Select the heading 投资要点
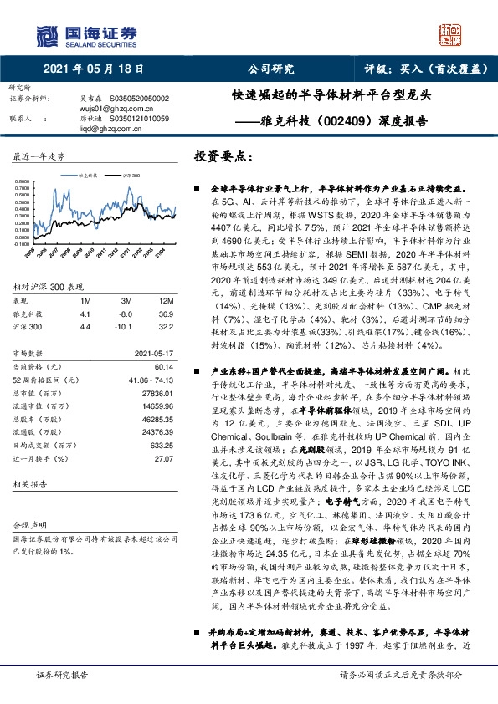tap(219, 156)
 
